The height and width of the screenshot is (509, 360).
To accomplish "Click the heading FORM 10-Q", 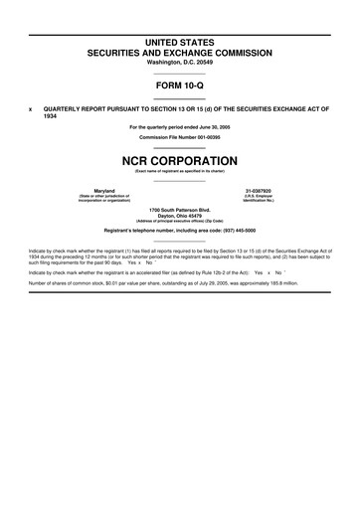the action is [179, 85].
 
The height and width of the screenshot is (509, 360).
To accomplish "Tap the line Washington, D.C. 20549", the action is [179, 62].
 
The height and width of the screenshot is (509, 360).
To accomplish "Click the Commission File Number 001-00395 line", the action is [179, 137].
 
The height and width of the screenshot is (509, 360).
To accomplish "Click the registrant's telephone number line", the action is [179, 231].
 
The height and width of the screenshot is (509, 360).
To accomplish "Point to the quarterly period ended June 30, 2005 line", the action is [179, 127].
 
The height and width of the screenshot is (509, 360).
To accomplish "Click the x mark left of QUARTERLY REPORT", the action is [30, 108].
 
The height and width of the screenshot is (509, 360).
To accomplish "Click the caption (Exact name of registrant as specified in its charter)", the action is [179, 171].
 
